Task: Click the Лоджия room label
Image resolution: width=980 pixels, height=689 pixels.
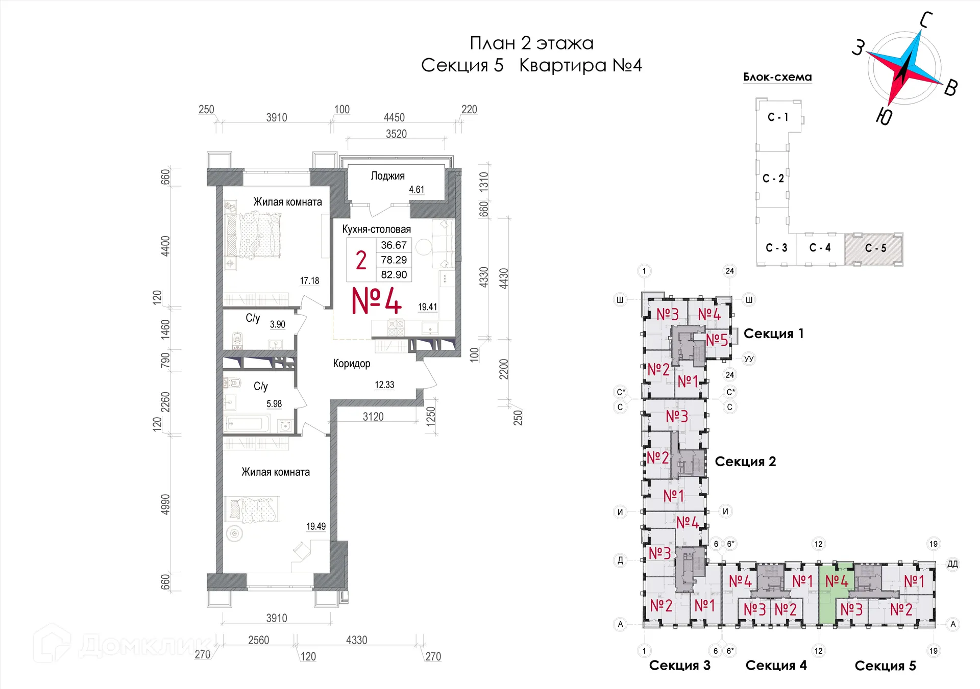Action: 387,176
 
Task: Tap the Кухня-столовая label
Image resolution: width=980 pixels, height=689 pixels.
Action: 376,229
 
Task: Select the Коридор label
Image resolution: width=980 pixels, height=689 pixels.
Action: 351,364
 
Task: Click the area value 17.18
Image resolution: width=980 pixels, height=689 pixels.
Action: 309,281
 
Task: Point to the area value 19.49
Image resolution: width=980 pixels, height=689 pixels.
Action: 316,526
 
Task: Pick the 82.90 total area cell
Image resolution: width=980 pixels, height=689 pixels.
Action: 394,274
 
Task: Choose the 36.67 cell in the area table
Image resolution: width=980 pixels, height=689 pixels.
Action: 394,245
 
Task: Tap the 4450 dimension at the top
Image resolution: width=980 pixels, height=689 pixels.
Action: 394,118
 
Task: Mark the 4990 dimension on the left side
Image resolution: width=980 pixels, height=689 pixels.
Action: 165,504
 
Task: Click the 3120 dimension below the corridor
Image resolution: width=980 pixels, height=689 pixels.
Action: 373,417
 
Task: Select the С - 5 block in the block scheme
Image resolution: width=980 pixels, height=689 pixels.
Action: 875,248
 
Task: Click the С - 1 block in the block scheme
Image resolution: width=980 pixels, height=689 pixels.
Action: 778,117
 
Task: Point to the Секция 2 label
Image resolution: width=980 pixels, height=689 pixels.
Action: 745,462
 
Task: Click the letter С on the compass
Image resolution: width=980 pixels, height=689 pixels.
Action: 926,20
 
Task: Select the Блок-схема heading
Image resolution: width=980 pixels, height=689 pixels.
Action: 777,77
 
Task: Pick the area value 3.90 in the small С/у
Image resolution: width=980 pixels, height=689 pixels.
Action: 278,324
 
